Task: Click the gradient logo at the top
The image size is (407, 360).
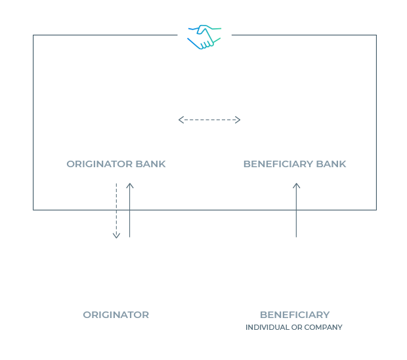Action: [205, 37]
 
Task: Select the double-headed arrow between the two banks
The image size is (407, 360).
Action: [209, 120]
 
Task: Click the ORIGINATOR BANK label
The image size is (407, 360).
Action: [116, 164]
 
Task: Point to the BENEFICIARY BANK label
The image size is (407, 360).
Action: [295, 164]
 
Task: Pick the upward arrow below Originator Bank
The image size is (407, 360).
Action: [130, 210]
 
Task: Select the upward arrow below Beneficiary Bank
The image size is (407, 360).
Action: [296, 210]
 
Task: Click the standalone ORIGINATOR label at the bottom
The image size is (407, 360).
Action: [116, 315]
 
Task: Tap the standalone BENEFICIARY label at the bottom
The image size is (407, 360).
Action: [295, 315]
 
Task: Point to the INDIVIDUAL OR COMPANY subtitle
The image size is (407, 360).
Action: [294, 327]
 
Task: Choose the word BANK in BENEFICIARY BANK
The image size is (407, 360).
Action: [331, 164]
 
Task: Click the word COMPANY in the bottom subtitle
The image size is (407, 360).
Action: [323, 327]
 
